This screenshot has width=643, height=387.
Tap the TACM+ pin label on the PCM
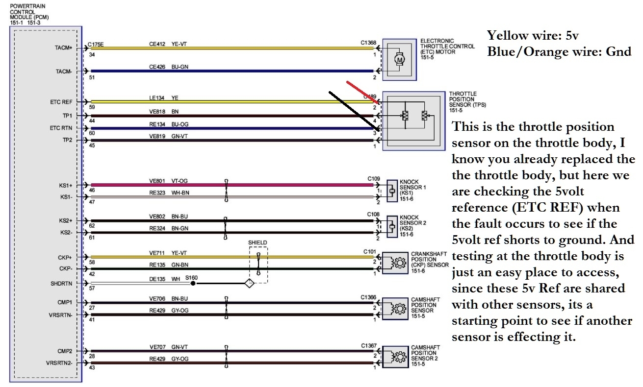pyautogui.click(x=64, y=48)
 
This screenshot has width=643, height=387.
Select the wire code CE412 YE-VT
pyautogui.click(x=168, y=44)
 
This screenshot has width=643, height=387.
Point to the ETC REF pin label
pyautogui.click(x=61, y=102)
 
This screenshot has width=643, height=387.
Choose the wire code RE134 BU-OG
pyautogui.click(x=169, y=124)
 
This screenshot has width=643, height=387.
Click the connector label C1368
pyautogui.click(x=368, y=43)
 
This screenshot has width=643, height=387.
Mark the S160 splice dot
pyautogui.click(x=193, y=283)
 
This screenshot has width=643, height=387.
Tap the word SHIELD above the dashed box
pyautogui.click(x=258, y=242)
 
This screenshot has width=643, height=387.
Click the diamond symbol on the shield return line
pyautogui.click(x=249, y=283)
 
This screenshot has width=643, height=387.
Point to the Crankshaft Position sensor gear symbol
pyautogui.click(x=399, y=263)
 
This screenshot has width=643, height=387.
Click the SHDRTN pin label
pyautogui.click(x=61, y=284)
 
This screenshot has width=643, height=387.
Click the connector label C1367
pyautogui.click(x=368, y=346)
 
